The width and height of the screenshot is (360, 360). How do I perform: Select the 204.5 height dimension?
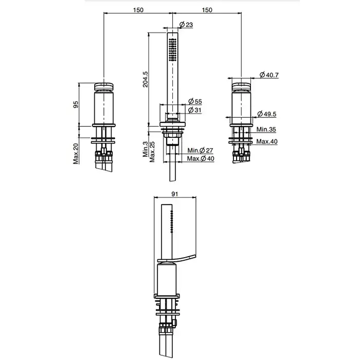(146, 79)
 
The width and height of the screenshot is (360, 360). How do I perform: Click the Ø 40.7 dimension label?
(269, 76)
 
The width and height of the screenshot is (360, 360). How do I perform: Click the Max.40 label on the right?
(267, 141)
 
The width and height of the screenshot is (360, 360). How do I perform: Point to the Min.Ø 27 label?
(201, 150)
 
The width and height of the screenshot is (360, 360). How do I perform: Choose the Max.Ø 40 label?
(201, 158)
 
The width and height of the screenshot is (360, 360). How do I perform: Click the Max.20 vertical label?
(76, 154)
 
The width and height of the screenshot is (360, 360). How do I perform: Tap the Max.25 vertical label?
(152, 152)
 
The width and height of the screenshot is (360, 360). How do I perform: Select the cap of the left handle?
(105, 85)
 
